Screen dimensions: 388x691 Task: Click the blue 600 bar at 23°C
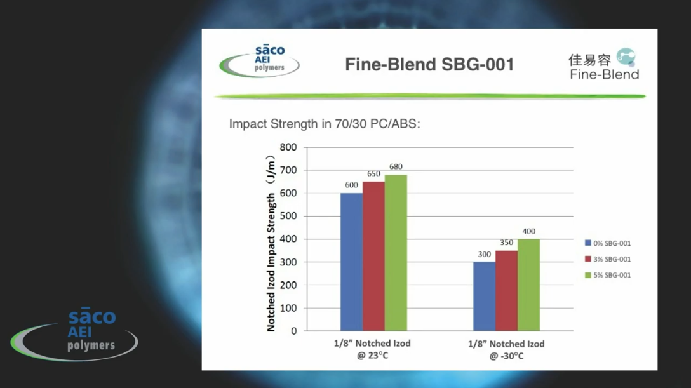[351, 262]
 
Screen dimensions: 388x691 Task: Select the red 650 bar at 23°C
[373, 256]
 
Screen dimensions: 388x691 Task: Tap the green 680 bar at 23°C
[396, 253]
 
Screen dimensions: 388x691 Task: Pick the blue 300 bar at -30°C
[484, 296]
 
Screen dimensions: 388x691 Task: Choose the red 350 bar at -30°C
[506, 290]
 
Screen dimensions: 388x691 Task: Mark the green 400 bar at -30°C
[528, 284]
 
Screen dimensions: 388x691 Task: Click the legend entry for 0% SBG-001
[608, 243]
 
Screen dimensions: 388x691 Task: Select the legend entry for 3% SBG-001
[608, 259]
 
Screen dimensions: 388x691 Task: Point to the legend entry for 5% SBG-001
[608, 275]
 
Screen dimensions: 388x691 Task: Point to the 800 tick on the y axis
[288, 147]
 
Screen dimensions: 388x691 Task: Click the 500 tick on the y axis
[288, 216]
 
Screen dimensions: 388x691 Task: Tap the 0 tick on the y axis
[293, 331]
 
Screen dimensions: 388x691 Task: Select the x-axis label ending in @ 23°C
[373, 349]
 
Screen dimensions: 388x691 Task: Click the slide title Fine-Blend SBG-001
[429, 65]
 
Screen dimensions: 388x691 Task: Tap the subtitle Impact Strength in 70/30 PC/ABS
[325, 124]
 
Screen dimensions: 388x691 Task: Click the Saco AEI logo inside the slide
[260, 62]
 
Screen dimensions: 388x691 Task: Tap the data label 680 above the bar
[396, 167]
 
